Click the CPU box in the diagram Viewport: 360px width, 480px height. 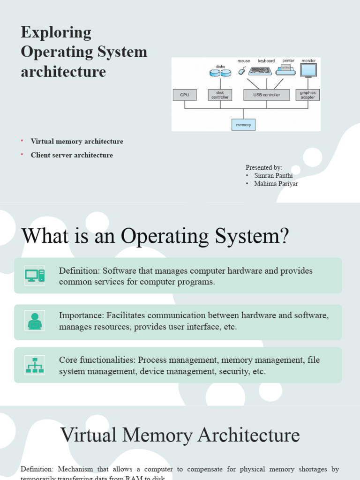pos(185,95)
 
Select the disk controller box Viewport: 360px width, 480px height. pos(220,95)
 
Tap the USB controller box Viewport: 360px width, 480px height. pos(266,95)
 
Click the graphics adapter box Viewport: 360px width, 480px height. pos(307,95)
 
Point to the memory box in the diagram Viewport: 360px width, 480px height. pos(243,125)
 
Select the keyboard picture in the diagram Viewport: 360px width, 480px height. pos(260,71)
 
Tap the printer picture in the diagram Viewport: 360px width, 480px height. pos(285,70)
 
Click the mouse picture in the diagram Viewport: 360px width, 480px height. pos(242,71)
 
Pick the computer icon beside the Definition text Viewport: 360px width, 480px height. pos(35,275)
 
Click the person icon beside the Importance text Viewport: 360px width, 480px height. pos(35,322)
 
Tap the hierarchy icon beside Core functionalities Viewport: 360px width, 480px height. pos(35,365)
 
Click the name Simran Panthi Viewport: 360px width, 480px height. pos(273,175)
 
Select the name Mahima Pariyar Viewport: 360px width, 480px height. pos(276,184)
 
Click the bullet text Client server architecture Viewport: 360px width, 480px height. pos(72,155)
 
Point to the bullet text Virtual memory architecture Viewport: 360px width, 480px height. pos(77,141)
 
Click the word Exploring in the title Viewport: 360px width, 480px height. pos(56,32)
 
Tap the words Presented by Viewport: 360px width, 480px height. pos(264,167)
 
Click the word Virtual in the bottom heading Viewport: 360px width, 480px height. pos(89,435)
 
